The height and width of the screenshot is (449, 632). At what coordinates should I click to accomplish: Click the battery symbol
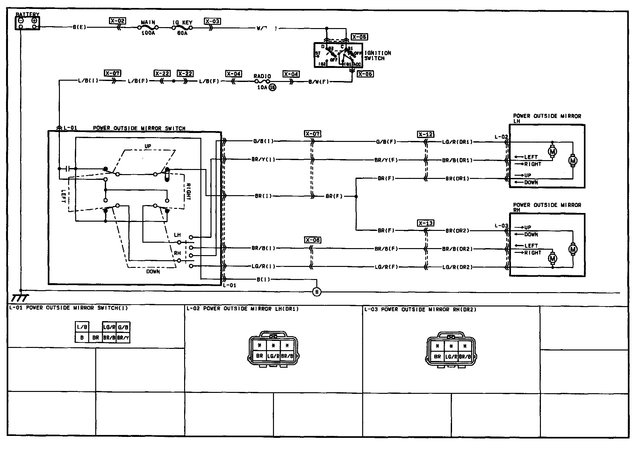[x=27, y=23]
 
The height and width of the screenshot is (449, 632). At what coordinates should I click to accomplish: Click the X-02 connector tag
[x=117, y=21]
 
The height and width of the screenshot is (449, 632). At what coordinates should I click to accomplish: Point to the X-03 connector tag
[x=212, y=21]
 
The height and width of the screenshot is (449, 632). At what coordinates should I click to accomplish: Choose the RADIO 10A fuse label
[x=262, y=77]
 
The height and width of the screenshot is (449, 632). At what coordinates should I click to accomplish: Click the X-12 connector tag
[x=425, y=134]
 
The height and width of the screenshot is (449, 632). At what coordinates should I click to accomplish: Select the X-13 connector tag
[x=426, y=223]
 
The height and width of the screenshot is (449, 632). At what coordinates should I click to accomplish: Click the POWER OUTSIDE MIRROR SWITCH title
[x=139, y=128]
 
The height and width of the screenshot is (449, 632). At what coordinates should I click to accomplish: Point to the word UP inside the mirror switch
[x=148, y=146]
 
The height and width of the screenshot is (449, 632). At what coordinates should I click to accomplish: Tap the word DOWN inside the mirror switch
[x=153, y=272]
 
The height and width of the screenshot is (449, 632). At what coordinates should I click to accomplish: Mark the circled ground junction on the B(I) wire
[x=317, y=292]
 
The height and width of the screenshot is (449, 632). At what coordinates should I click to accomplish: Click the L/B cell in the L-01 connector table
[x=82, y=327]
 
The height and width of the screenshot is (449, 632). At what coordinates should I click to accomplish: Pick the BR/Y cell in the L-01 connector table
[x=123, y=338]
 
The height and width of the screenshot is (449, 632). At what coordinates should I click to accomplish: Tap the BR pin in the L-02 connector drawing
[x=260, y=356]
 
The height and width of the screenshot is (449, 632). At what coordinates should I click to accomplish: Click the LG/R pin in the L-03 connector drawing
[x=451, y=357]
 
